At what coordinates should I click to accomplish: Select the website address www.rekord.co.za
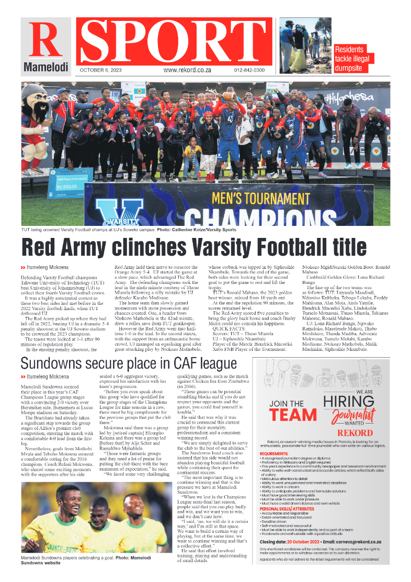pos(187,70)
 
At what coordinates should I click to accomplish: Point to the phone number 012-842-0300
pos(249,70)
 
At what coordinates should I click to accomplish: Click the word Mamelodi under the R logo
pos(46,67)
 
